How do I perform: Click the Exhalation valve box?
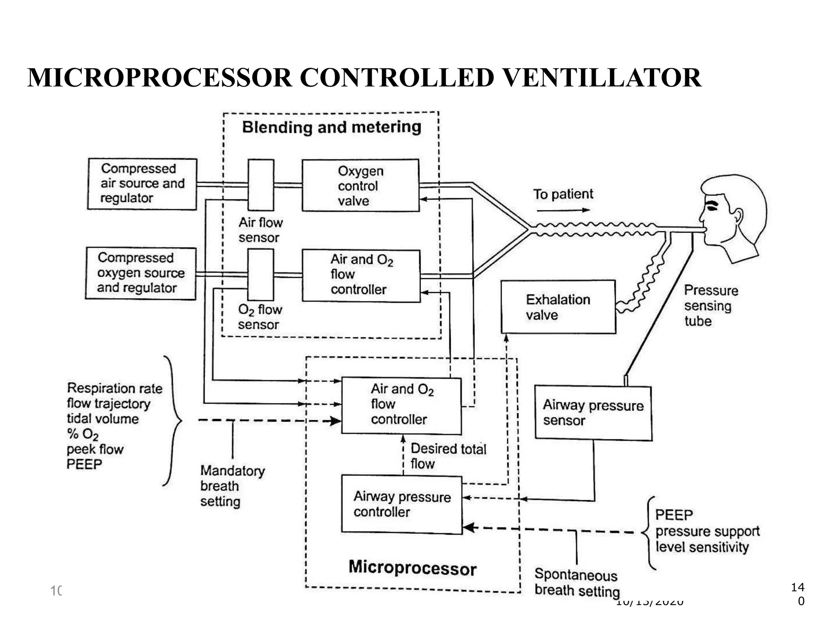tap(558, 307)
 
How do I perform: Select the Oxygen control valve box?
tap(361, 185)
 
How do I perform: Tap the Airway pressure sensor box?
tap(593, 413)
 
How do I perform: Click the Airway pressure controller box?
tap(402, 505)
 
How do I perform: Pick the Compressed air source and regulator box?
tap(142, 184)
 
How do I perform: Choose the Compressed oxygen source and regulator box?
tap(141, 273)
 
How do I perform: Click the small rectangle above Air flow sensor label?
tap(261, 185)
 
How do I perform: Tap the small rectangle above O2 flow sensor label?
tap(261, 274)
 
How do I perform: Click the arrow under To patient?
tap(563, 210)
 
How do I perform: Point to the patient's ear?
tap(738, 216)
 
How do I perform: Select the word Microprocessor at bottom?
tap(412, 568)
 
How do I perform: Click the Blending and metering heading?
tap(332, 127)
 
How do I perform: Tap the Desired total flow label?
tap(448, 456)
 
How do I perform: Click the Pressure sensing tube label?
tap(711, 305)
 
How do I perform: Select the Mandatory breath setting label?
tap(232, 486)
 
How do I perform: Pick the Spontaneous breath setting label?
tap(576, 582)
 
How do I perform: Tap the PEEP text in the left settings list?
tap(84, 464)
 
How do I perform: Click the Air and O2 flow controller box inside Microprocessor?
tap(401, 405)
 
